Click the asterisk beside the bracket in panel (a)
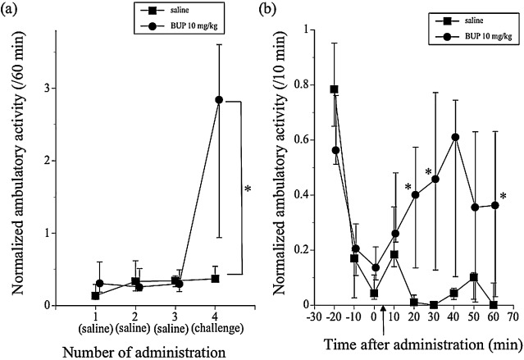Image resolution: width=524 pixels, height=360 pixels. point(248,189)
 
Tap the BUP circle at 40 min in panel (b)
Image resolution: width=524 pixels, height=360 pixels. point(455,137)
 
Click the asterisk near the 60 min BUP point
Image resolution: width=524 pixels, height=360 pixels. point(503,196)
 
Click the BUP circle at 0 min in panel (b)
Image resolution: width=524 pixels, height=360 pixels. point(375,267)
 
